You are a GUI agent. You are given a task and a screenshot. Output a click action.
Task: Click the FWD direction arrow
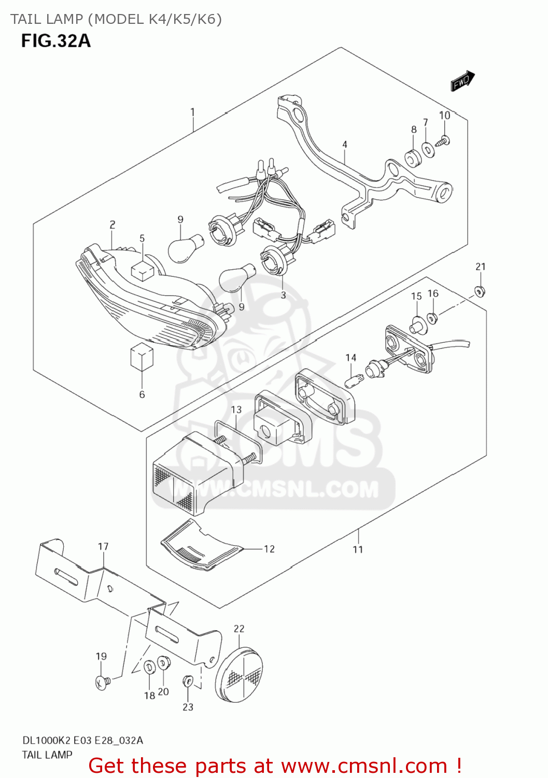[x=462, y=81]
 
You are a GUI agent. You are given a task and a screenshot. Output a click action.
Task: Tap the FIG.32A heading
[x=56, y=41]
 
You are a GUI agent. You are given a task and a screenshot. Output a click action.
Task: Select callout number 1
[x=192, y=112]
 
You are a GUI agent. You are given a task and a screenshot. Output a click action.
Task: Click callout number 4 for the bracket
[x=344, y=145]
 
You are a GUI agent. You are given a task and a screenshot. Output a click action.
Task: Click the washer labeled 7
[x=428, y=150]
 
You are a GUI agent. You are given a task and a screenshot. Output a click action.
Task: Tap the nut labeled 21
[x=480, y=291]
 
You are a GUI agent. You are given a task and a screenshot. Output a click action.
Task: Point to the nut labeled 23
[x=188, y=680]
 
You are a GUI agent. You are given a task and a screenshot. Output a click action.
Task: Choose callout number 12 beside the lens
[x=269, y=549]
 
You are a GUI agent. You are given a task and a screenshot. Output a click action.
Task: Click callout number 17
[x=103, y=546]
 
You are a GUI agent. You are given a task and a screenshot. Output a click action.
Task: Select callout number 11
[x=358, y=549]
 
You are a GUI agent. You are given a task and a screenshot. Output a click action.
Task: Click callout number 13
[x=236, y=410]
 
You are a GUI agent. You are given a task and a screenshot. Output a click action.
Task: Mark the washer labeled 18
[x=148, y=667]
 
